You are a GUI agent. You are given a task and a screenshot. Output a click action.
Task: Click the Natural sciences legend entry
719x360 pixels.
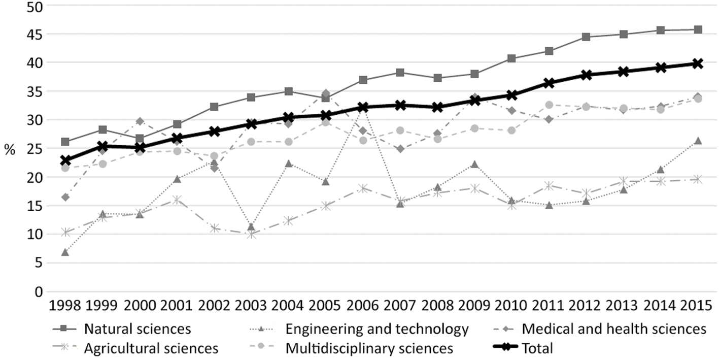pos(122,329)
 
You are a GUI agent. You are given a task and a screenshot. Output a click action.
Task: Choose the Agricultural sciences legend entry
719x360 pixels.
pos(135,348)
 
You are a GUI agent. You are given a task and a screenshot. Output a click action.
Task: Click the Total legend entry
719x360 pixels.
pos(523,348)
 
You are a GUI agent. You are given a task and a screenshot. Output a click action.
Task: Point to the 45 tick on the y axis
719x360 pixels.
pos(35,34)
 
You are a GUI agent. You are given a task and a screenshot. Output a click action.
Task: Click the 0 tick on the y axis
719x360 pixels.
pos(39,292)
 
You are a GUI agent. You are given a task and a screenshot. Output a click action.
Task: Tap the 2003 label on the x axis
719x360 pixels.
pos(251,305)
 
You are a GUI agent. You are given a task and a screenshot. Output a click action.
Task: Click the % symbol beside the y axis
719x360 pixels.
pos(10,150)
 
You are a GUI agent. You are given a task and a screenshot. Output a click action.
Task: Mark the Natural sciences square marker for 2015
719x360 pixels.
pos(698,30)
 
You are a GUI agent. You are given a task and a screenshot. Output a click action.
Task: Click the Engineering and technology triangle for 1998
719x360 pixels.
pos(65,252)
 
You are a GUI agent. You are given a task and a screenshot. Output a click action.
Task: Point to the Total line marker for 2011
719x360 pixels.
pos(549,83)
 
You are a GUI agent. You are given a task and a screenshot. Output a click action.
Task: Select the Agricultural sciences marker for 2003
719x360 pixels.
pos(251,235)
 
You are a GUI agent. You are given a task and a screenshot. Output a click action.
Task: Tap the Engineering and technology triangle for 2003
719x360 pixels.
pos(251,227)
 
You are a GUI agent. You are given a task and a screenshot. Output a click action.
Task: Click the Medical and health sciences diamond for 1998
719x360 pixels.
pos(65,197)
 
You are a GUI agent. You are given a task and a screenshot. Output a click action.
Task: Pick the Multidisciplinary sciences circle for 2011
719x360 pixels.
pos(549,105)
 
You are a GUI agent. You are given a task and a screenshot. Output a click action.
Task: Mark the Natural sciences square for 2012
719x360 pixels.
pos(586,37)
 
